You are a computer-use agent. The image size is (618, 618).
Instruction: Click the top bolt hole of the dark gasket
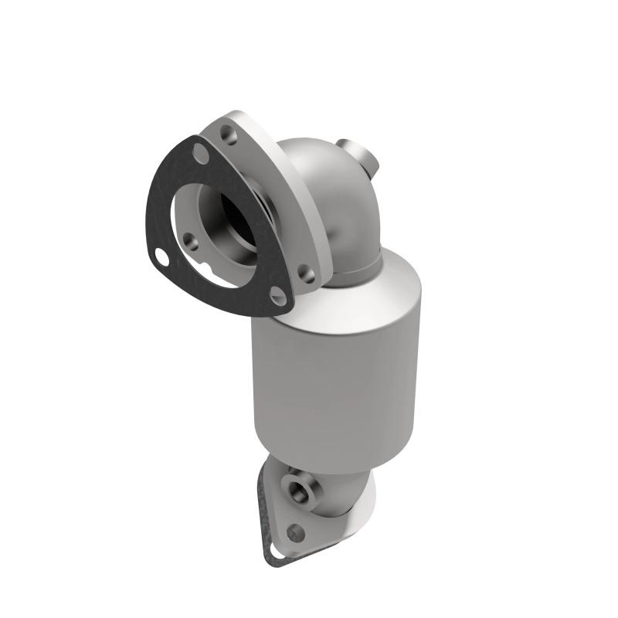pos(201,153)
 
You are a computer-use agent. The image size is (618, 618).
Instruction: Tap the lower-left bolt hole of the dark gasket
pos(161,256)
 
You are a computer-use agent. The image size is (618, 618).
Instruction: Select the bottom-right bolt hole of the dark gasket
pos(278,297)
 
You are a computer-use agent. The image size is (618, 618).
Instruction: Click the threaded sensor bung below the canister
pos(298,487)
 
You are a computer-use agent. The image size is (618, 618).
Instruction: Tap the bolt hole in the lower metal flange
pos(294,532)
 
